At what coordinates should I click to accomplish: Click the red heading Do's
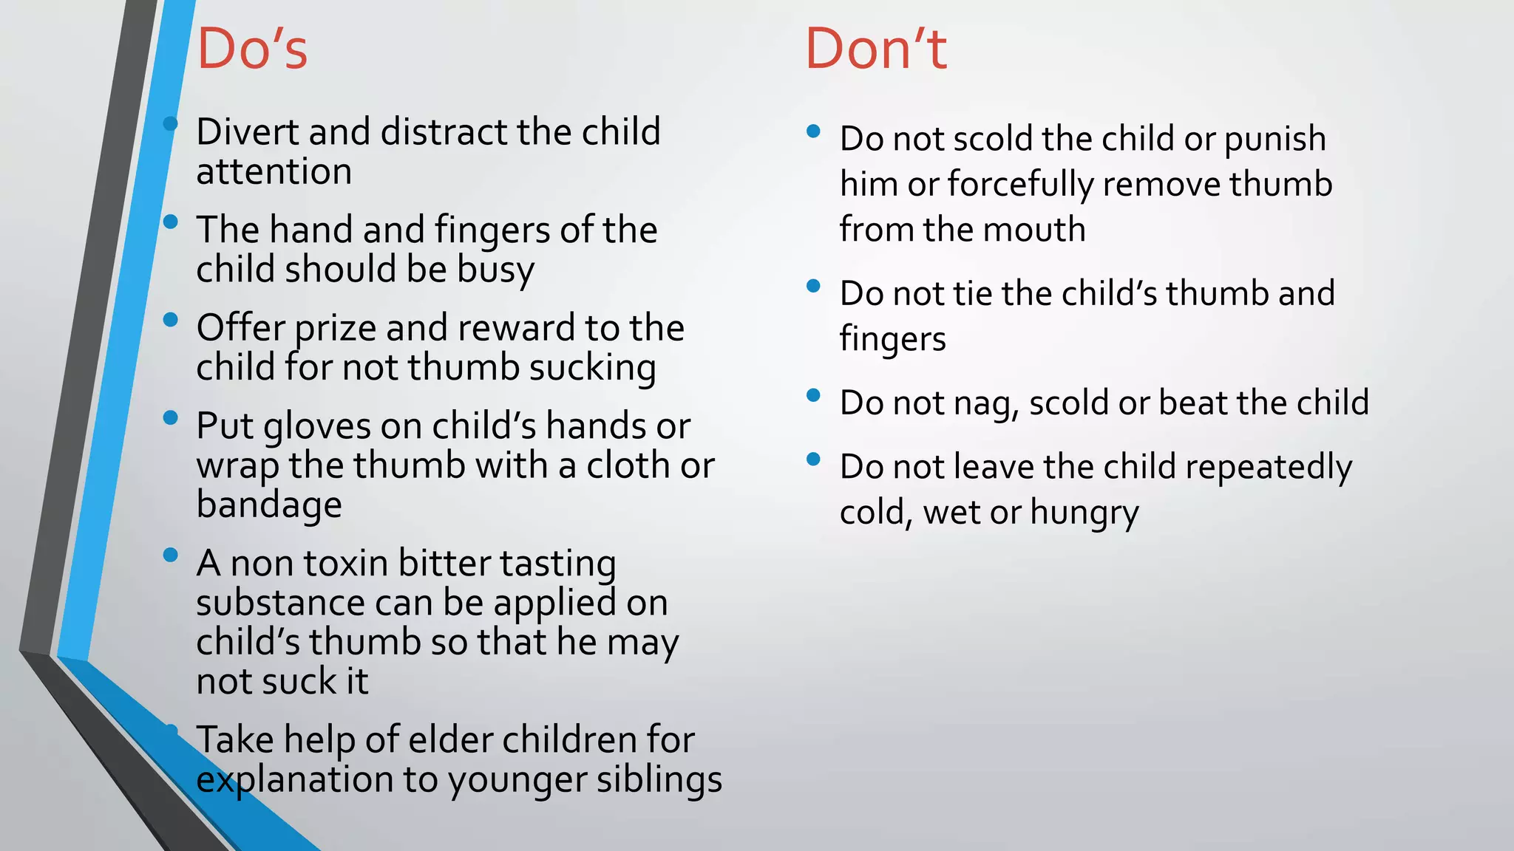tap(252, 49)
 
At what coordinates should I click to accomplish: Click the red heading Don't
tap(875, 49)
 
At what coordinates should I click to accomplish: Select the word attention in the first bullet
tap(274, 172)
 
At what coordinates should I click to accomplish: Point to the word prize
tap(335, 329)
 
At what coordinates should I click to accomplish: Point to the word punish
tap(1274, 140)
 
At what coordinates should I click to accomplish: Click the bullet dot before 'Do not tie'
tap(814, 286)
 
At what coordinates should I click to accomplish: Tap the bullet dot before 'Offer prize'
tap(171, 320)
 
